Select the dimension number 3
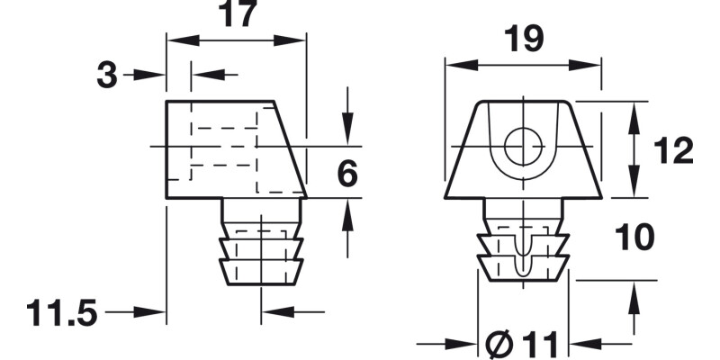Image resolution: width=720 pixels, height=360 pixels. click(x=108, y=76)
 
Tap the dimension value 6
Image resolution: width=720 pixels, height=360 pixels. click(x=346, y=174)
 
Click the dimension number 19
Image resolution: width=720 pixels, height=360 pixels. click(x=522, y=39)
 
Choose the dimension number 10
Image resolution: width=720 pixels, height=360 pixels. click(x=634, y=238)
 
